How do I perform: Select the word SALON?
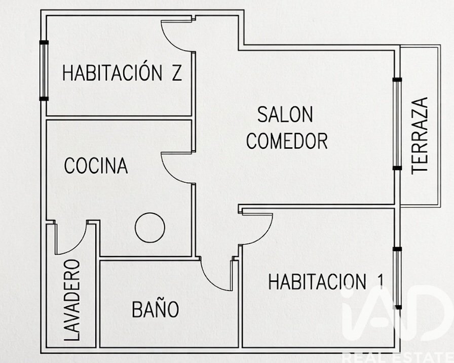(285, 114)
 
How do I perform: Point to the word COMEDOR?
(287, 141)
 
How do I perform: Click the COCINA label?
(96, 166)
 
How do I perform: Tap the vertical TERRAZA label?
(420, 136)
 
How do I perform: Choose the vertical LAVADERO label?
(71, 300)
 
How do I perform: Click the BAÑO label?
(155, 309)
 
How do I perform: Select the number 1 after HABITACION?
(381, 281)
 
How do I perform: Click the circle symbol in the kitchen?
(150, 228)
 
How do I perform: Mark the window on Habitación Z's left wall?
(44, 70)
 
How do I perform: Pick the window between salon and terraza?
(397, 124)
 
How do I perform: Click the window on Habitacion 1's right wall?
(398, 278)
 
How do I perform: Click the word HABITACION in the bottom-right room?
(317, 281)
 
